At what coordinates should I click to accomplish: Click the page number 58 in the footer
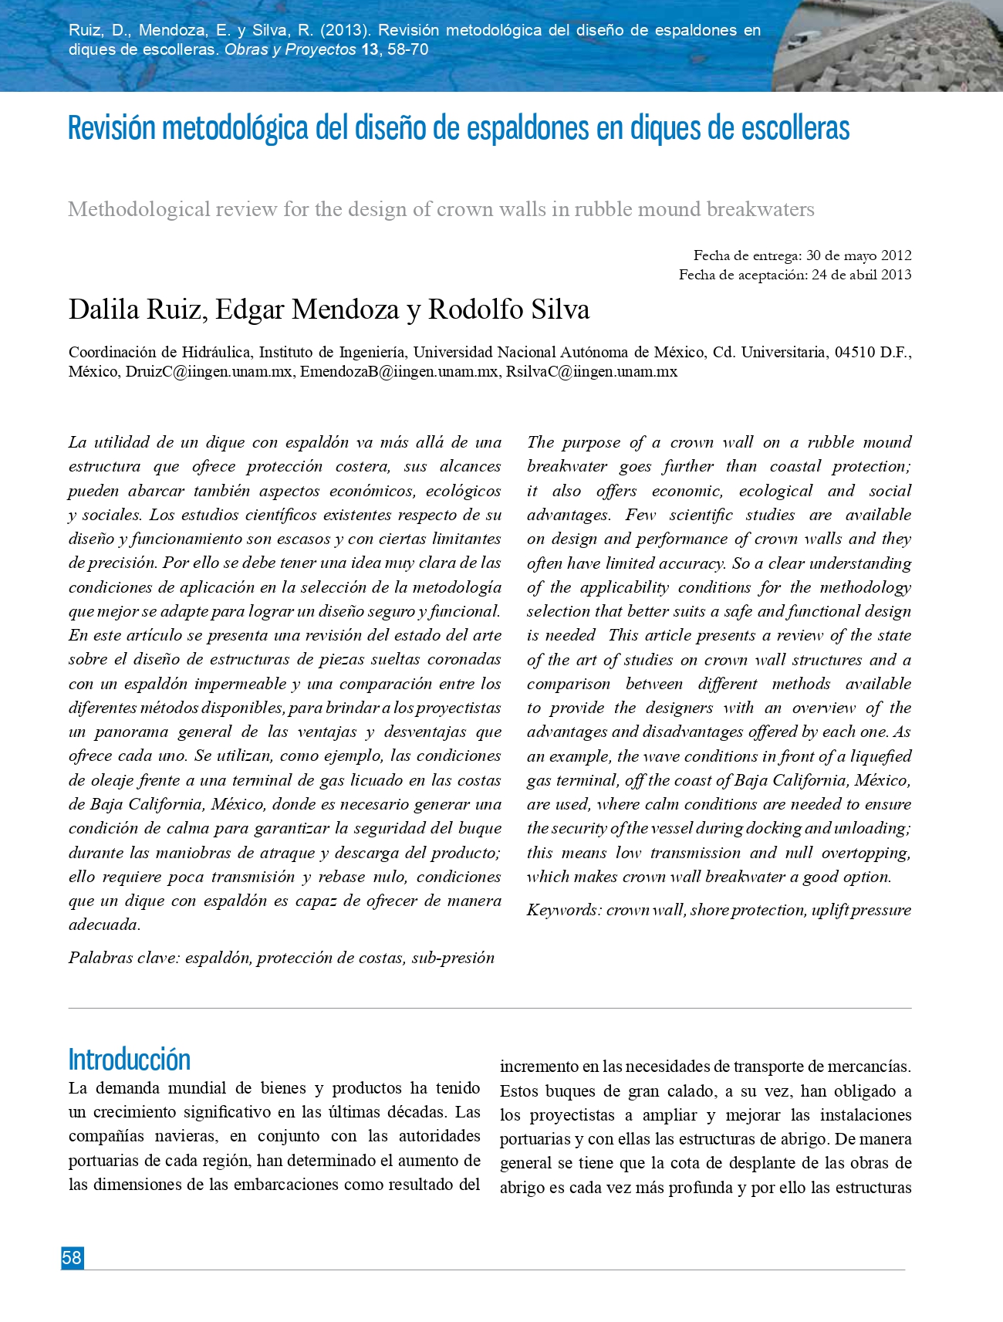(x=72, y=1257)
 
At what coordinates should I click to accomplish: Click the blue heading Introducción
(x=129, y=1060)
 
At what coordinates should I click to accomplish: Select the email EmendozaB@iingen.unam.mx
(x=399, y=371)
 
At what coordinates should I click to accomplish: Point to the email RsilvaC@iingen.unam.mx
(x=592, y=371)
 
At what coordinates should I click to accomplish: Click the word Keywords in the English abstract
(x=563, y=910)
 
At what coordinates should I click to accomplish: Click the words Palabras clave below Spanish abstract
(x=123, y=958)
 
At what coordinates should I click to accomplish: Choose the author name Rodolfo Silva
(x=508, y=309)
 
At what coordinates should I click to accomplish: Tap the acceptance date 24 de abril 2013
(x=861, y=275)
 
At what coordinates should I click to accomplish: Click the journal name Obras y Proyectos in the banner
(x=290, y=50)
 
